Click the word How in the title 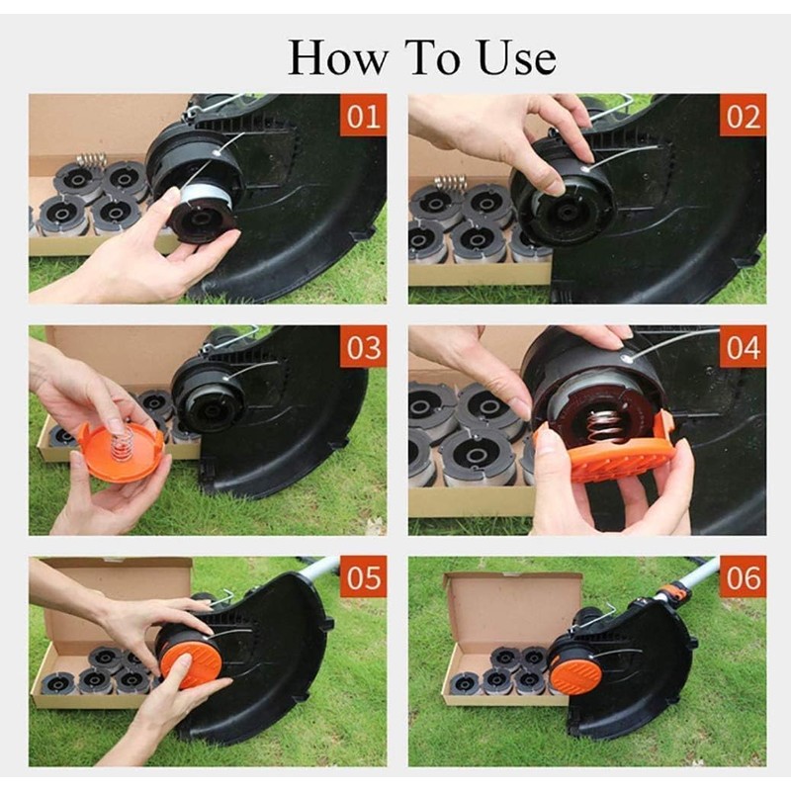coord(337,57)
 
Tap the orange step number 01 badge coord(363,115)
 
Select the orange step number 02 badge coord(744,115)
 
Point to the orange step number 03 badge coord(363,347)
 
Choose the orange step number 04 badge coord(744,347)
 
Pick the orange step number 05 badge coord(363,577)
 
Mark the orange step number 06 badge coord(744,577)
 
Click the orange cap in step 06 coord(575,672)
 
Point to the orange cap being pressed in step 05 coord(191,661)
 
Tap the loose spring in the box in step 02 coord(452,183)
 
